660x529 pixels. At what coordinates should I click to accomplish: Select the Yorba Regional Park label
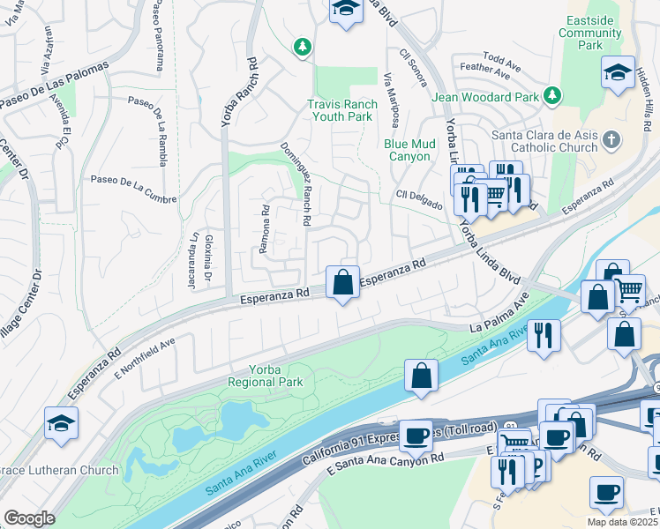(x=265, y=376)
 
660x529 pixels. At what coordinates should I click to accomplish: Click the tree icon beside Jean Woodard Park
(x=553, y=93)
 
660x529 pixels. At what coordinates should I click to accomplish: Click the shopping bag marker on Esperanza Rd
(x=343, y=284)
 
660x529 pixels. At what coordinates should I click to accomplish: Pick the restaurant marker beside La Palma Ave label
(x=544, y=335)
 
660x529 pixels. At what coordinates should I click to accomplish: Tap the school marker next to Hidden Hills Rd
(x=618, y=72)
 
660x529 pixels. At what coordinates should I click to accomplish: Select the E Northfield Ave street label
(x=145, y=351)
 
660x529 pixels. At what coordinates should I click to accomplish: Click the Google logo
(x=29, y=518)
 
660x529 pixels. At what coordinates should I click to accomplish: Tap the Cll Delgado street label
(x=419, y=199)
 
